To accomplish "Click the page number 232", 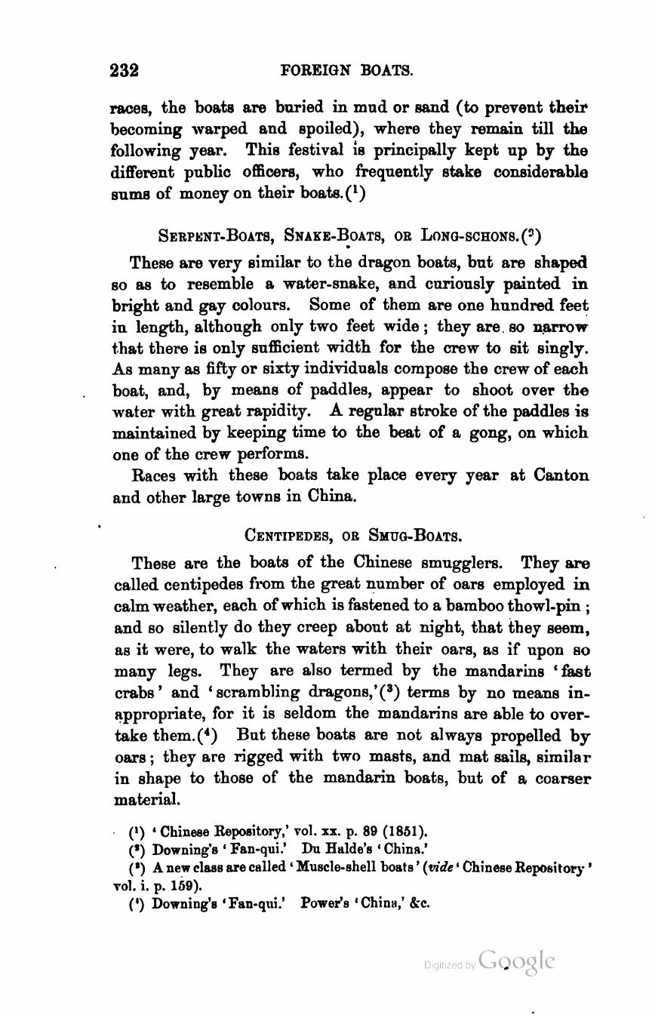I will pos(125,71).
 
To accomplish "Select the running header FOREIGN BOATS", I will pos(346,71).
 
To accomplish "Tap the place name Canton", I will pos(561,475).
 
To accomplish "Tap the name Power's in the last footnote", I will pos(324,902).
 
